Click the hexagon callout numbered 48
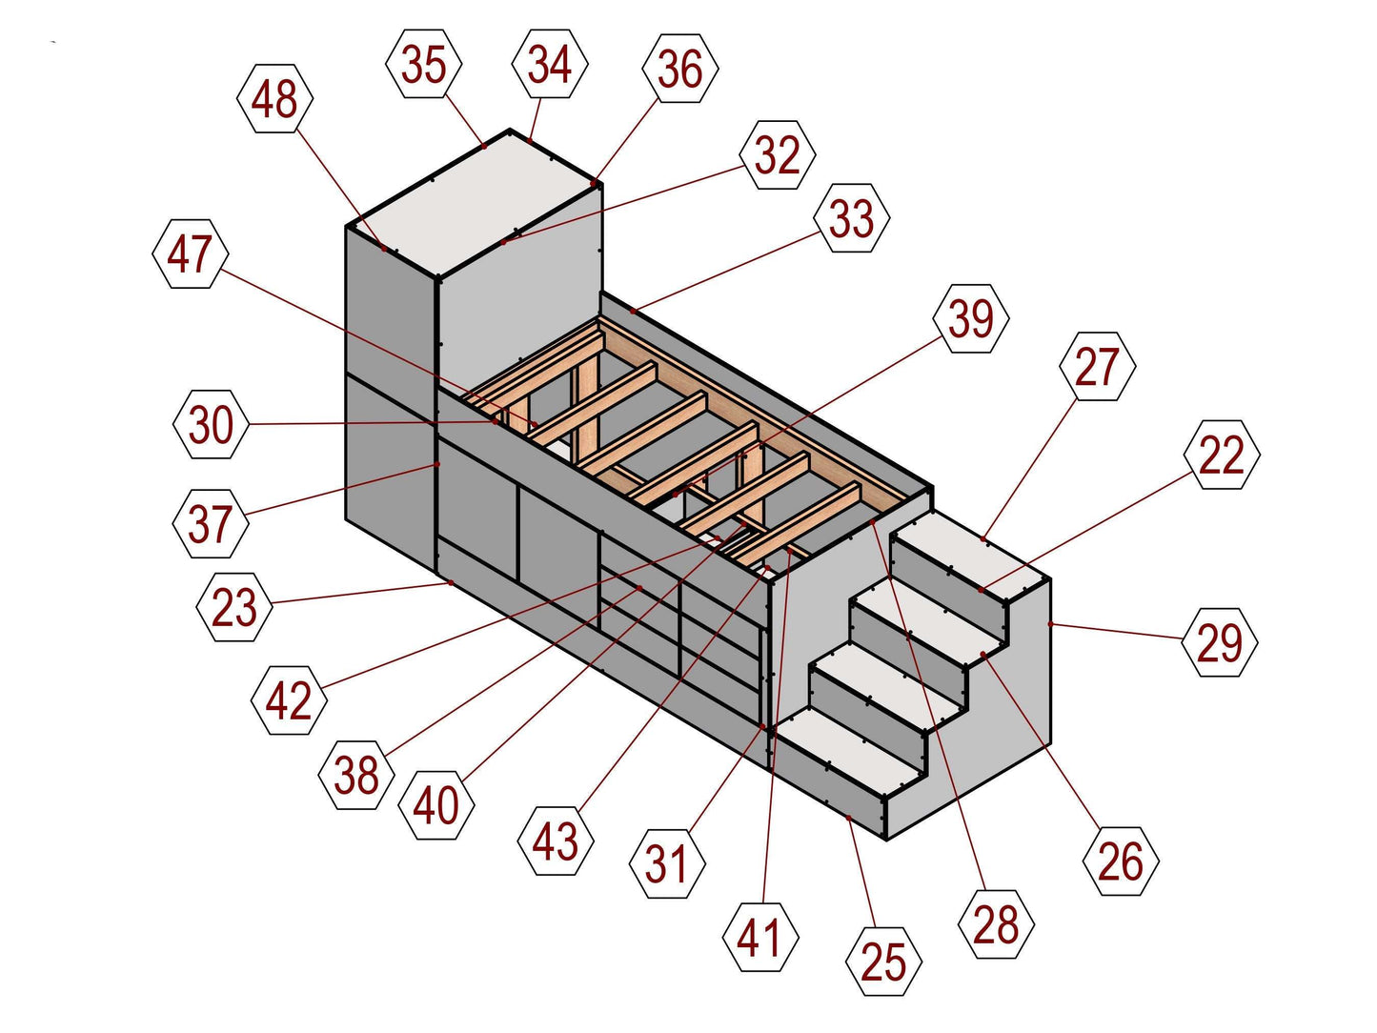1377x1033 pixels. click(275, 98)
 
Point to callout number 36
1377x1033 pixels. click(680, 68)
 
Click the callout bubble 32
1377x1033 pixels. click(778, 154)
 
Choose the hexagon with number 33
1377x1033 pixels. click(852, 218)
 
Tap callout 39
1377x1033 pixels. click(971, 318)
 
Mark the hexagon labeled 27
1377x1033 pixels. click(1097, 367)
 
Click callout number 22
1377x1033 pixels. click(1222, 455)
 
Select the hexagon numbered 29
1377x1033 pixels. click(1219, 642)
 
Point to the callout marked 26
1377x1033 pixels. click(1121, 861)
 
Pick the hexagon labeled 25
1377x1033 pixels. click(883, 962)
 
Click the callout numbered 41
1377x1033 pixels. click(759, 938)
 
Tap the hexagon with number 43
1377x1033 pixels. click(556, 841)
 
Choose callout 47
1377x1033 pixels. click(191, 253)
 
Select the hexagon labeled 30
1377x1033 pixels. click(212, 424)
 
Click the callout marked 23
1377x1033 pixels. click(234, 606)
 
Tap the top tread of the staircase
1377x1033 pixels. click(972, 562)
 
